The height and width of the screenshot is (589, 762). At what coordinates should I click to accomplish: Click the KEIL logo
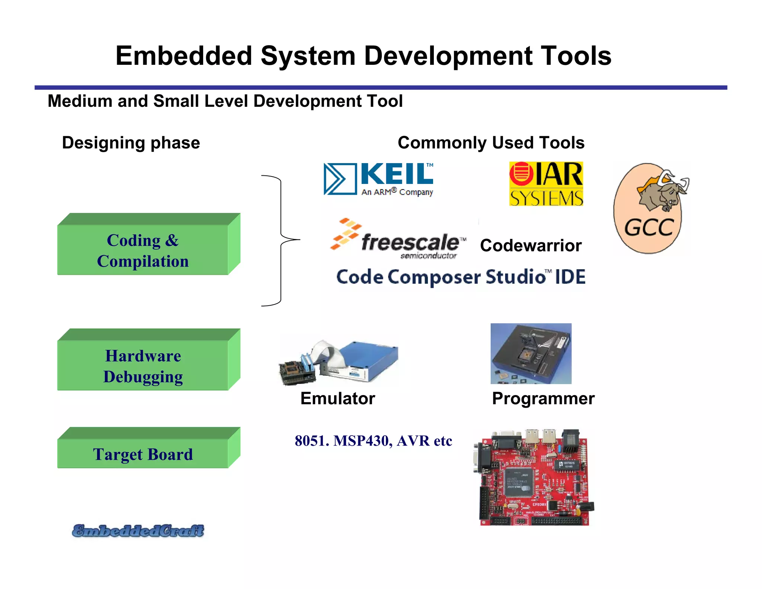pyautogui.click(x=378, y=179)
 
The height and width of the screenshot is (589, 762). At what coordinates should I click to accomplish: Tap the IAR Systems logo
pyautogui.click(x=546, y=184)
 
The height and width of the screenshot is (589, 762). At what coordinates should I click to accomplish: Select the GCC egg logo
pyautogui.click(x=649, y=208)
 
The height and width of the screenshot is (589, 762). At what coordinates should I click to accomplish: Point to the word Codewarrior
pyautogui.click(x=531, y=246)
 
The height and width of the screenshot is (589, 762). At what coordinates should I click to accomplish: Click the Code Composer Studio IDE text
pyautogui.click(x=461, y=277)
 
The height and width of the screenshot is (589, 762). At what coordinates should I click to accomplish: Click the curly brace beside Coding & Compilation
pyautogui.click(x=281, y=240)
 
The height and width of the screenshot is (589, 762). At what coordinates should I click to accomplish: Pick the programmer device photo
pyautogui.click(x=531, y=354)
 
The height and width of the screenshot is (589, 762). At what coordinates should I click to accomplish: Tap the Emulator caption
pyautogui.click(x=337, y=398)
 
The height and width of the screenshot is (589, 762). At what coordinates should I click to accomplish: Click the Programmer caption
pyautogui.click(x=543, y=398)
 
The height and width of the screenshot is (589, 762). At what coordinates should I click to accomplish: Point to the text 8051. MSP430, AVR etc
pyautogui.click(x=373, y=441)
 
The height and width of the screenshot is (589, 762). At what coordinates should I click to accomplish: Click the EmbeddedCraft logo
pyautogui.click(x=138, y=531)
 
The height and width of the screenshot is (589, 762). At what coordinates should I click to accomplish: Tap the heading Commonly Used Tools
pyautogui.click(x=491, y=143)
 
